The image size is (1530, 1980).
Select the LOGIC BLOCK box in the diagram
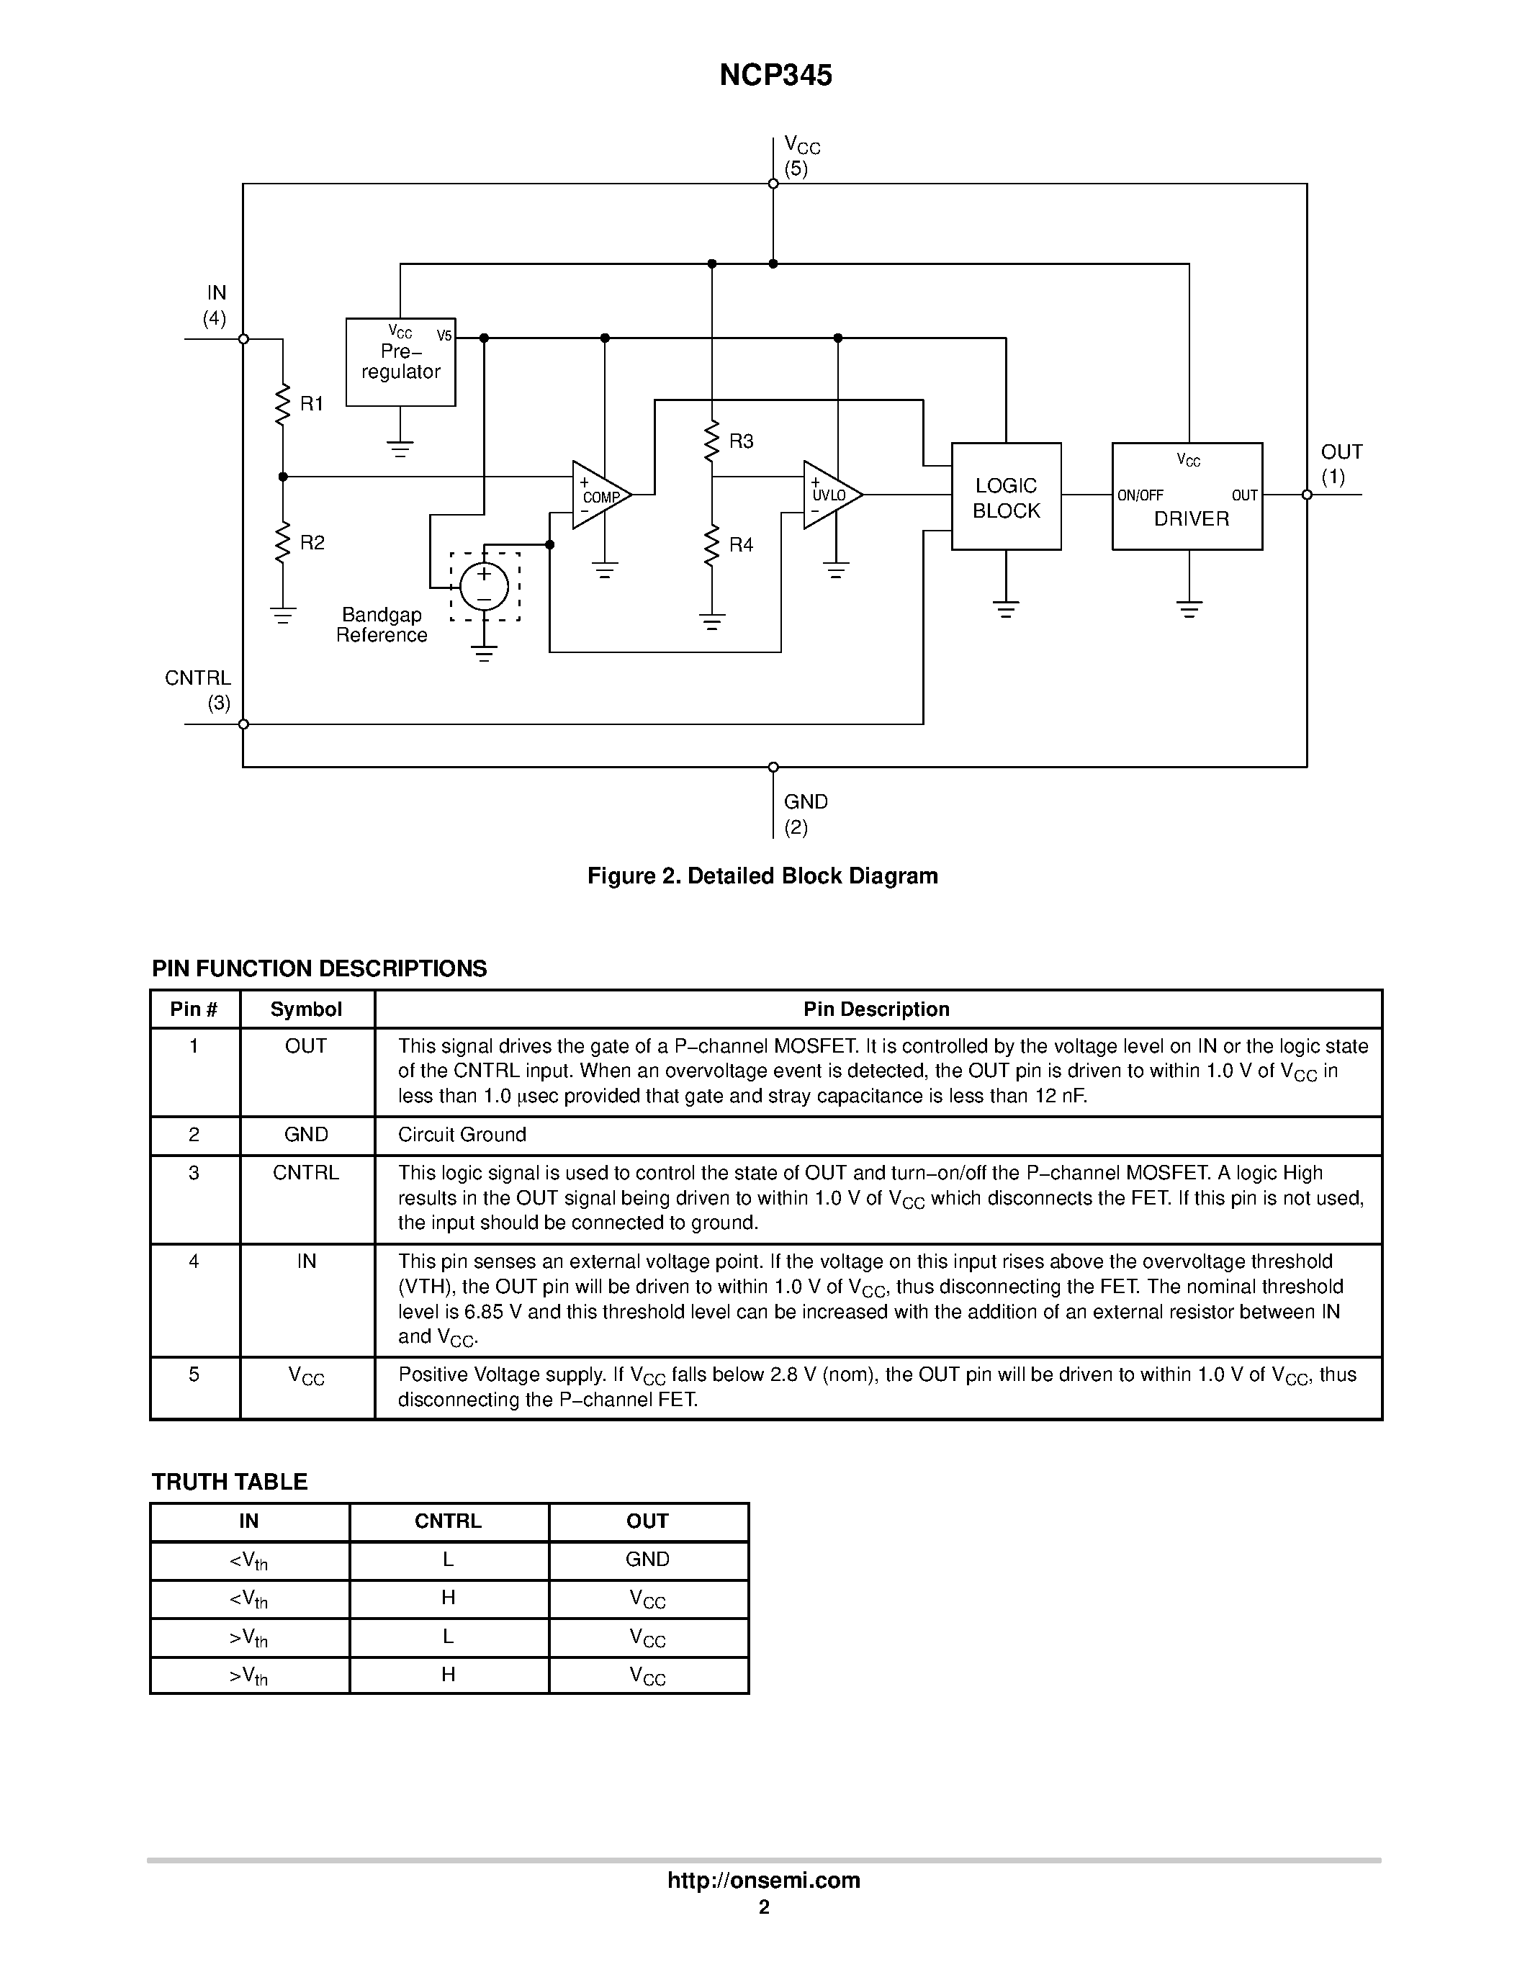[1006, 497]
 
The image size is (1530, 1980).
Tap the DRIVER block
[1187, 497]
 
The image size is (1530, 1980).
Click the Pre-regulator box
[400, 361]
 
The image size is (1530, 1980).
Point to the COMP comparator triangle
[599, 495]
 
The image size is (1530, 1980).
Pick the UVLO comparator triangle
[830, 495]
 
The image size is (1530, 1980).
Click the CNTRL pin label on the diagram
[197, 678]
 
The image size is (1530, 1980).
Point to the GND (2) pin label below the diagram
[806, 813]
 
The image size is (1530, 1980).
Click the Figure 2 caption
[762, 876]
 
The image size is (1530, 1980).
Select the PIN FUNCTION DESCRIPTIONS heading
[319, 968]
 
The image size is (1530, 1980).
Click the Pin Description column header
[876, 1009]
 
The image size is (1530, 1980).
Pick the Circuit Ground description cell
[462, 1135]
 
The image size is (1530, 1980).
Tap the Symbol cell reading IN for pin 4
[307, 1261]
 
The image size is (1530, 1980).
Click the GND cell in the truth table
[647, 1560]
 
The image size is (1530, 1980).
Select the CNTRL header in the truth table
[448, 1521]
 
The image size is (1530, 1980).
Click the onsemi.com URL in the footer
[764, 1880]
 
